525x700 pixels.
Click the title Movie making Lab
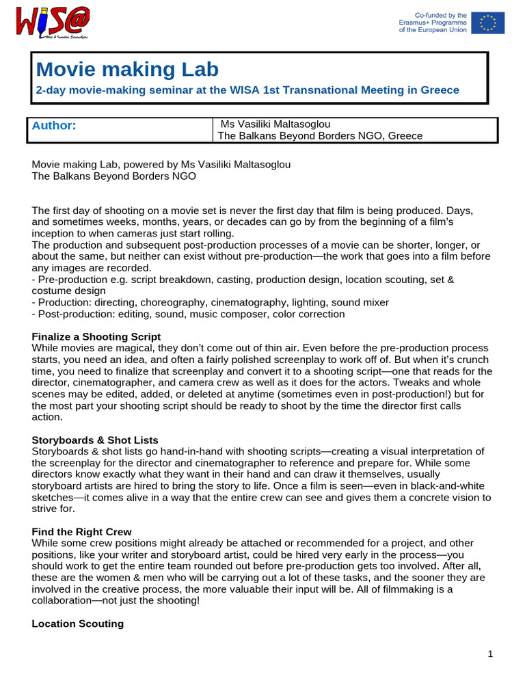(x=127, y=69)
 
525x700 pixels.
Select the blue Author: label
(x=54, y=125)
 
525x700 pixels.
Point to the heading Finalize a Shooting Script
(x=96, y=336)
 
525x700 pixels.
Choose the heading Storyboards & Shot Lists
(x=95, y=440)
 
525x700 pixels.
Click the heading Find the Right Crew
(x=82, y=531)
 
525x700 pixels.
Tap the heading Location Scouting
(x=78, y=623)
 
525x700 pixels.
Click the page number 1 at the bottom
(x=490, y=654)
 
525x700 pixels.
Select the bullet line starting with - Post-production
(x=188, y=314)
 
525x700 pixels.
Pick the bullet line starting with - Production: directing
(x=210, y=302)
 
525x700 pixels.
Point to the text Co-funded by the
(x=441, y=15)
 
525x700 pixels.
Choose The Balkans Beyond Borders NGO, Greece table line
(x=319, y=136)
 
